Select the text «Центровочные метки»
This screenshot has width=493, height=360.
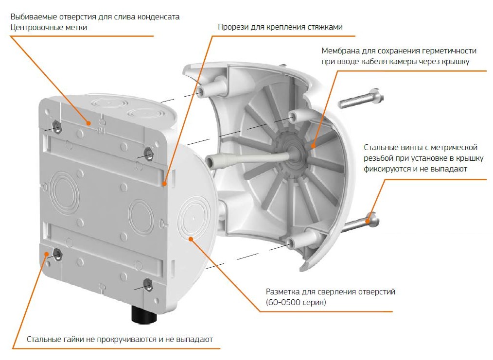pyautogui.click(x=49, y=27)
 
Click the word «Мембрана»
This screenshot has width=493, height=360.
pyautogui.click(x=340, y=51)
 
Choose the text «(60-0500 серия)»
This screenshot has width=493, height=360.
pyautogui.click(x=296, y=303)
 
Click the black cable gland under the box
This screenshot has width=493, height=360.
pyautogui.click(x=144, y=314)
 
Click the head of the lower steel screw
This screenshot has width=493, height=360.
pyautogui.click(x=373, y=219)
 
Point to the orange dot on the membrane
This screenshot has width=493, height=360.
pyautogui.click(x=313, y=145)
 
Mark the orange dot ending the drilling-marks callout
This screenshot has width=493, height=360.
pyautogui.click(x=191, y=239)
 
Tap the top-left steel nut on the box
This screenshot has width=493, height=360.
pyautogui.click(x=57, y=126)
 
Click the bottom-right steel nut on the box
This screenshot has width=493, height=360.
pyautogui.click(x=147, y=285)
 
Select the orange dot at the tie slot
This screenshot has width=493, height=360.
pyautogui.click(x=164, y=184)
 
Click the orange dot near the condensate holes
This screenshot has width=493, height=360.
pyautogui.click(x=89, y=123)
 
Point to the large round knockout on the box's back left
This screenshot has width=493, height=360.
pyautogui.click(x=65, y=193)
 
